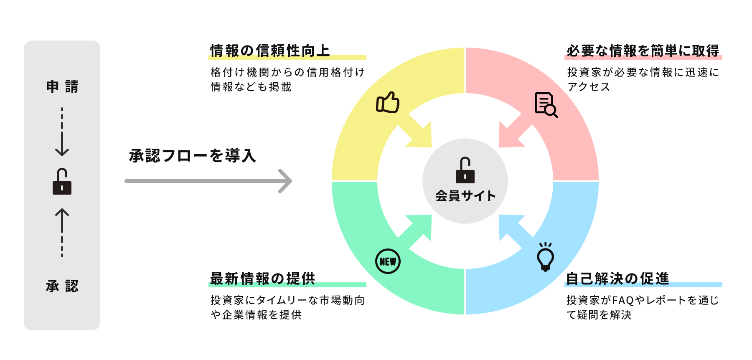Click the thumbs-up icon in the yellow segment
(388, 102)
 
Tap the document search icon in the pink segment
(546, 104)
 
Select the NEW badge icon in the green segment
(388, 261)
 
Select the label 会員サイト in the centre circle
(465, 196)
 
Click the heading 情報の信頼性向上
(270, 51)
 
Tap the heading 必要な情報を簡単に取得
(643, 51)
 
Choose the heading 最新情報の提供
(262, 279)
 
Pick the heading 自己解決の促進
(617, 279)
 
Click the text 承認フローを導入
(193, 156)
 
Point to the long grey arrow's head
(287, 181)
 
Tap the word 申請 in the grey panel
(62, 86)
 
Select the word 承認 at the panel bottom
(62, 286)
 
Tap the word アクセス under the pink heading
(589, 87)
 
